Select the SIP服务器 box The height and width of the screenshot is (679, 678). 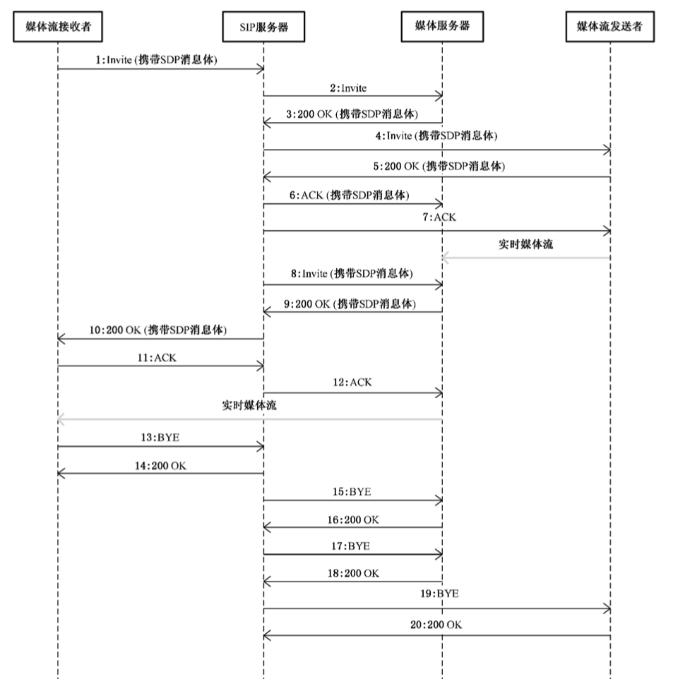pos(263,28)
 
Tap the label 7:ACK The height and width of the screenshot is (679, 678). pos(439,217)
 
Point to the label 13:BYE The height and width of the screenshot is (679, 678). pos(159,437)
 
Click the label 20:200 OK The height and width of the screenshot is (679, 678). pos(436,625)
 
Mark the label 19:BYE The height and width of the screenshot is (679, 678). pos(438,594)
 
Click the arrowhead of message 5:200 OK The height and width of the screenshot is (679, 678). pos(266,176)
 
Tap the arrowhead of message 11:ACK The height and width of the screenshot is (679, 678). pos(261,366)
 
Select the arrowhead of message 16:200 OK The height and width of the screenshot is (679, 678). pos(266,527)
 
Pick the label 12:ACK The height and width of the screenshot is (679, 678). pos(351,383)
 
